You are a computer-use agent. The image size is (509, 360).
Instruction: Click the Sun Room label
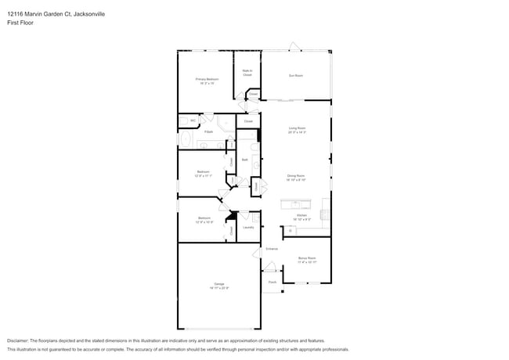click(296, 76)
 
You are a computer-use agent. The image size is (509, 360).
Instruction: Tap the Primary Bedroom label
click(207, 80)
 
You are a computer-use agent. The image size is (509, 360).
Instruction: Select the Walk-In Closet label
click(247, 73)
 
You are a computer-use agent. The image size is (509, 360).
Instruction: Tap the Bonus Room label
click(306, 259)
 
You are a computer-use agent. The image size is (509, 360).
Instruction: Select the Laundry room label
click(248, 228)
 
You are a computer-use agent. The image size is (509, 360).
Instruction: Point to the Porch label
click(273, 282)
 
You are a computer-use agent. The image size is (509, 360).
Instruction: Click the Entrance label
click(272, 249)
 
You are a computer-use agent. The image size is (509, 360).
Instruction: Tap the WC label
click(193, 121)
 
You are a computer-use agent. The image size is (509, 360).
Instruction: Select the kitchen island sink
click(323, 211)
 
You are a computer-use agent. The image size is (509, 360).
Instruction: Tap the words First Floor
click(20, 23)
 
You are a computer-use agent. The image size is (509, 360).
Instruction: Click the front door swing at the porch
click(265, 271)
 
